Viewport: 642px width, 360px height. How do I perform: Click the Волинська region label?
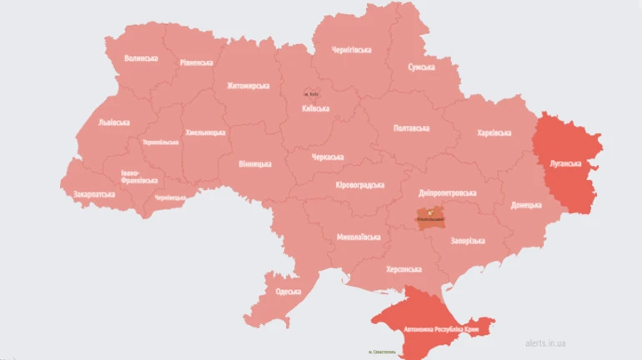pyautogui.click(x=140, y=58)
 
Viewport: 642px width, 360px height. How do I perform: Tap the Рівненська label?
pyautogui.click(x=196, y=62)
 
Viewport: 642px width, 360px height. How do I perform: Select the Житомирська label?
pyautogui.click(x=248, y=86)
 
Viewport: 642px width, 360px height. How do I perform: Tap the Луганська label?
pyautogui.click(x=564, y=163)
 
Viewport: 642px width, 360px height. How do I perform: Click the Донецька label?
pyautogui.click(x=526, y=203)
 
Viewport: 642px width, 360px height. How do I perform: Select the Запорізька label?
pyautogui.click(x=467, y=241)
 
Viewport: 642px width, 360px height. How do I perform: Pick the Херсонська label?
pyautogui.click(x=404, y=269)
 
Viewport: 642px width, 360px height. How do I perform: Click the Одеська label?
pyautogui.click(x=288, y=292)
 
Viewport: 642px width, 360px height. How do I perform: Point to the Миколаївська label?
pyautogui.click(x=359, y=237)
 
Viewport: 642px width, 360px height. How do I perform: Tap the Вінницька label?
pyautogui.click(x=254, y=163)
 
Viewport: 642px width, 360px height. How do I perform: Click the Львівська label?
pyautogui.click(x=113, y=122)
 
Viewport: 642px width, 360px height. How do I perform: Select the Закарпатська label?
pyautogui.click(x=94, y=194)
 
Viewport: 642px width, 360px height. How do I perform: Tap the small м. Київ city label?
pyautogui.click(x=310, y=93)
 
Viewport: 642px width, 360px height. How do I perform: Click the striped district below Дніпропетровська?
pyautogui.click(x=430, y=218)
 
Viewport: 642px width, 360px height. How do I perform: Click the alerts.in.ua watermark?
pyautogui.click(x=547, y=342)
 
